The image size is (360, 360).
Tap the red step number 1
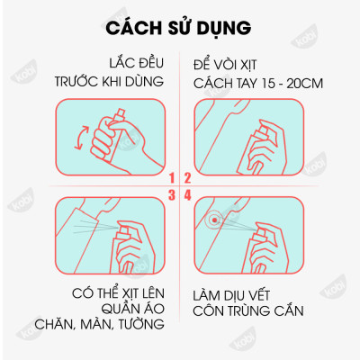(172, 178)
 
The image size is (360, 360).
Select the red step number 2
(187, 178)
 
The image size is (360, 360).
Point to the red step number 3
(172, 193)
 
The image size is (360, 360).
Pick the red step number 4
(187, 193)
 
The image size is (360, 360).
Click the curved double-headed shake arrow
(77, 140)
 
